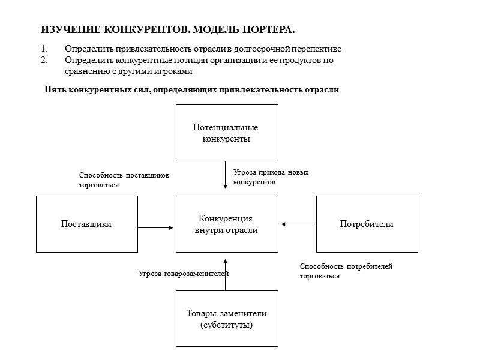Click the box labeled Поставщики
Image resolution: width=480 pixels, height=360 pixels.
[86, 224]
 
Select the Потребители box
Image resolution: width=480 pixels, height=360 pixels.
[367, 224]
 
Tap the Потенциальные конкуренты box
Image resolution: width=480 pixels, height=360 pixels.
[226, 133]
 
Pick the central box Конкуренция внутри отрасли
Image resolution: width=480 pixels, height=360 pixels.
[226, 224]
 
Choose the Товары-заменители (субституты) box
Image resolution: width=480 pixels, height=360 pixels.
[226, 319]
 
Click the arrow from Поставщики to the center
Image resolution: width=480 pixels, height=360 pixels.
[156, 227]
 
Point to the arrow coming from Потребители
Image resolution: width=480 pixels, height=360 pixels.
[298, 224]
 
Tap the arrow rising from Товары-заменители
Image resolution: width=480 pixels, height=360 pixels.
[225, 274]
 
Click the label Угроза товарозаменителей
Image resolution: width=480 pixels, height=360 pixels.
[184, 274]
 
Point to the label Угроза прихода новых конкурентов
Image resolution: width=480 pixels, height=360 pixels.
[271, 176]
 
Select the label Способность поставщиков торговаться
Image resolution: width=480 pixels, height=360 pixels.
[124, 180]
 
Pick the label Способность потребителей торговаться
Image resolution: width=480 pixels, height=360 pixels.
[350, 271]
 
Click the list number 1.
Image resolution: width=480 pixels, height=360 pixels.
[43, 49]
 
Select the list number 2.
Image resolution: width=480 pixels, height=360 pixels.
[43, 60]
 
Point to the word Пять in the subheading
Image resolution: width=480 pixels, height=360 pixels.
[56, 91]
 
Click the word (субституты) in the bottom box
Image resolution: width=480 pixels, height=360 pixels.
[226, 325]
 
